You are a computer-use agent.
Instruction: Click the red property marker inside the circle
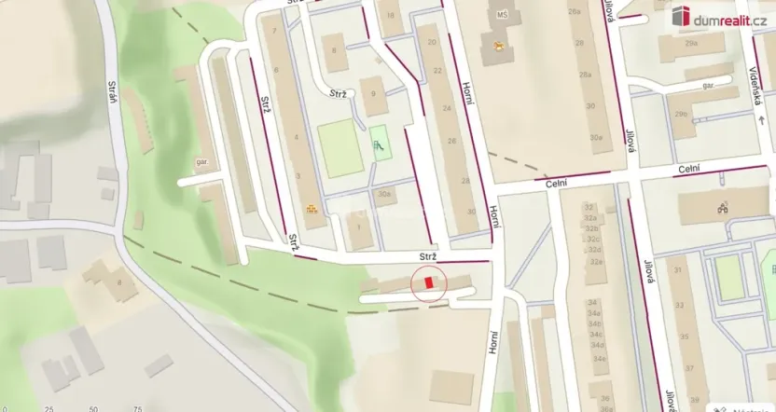click(428, 282)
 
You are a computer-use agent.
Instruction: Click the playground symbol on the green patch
click(378, 144)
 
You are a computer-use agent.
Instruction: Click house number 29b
click(681, 114)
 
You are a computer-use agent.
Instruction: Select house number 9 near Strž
click(372, 93)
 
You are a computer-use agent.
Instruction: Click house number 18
click(390, 17)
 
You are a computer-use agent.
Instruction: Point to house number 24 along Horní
click(446, 108)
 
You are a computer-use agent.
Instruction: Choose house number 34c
click(596, 334)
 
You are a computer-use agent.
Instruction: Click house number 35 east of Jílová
click(685, 336)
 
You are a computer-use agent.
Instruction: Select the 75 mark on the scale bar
click(137, 408)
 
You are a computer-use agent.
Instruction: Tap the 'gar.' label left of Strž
click(201, 159)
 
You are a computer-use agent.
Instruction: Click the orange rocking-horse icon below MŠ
click(500, 45)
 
